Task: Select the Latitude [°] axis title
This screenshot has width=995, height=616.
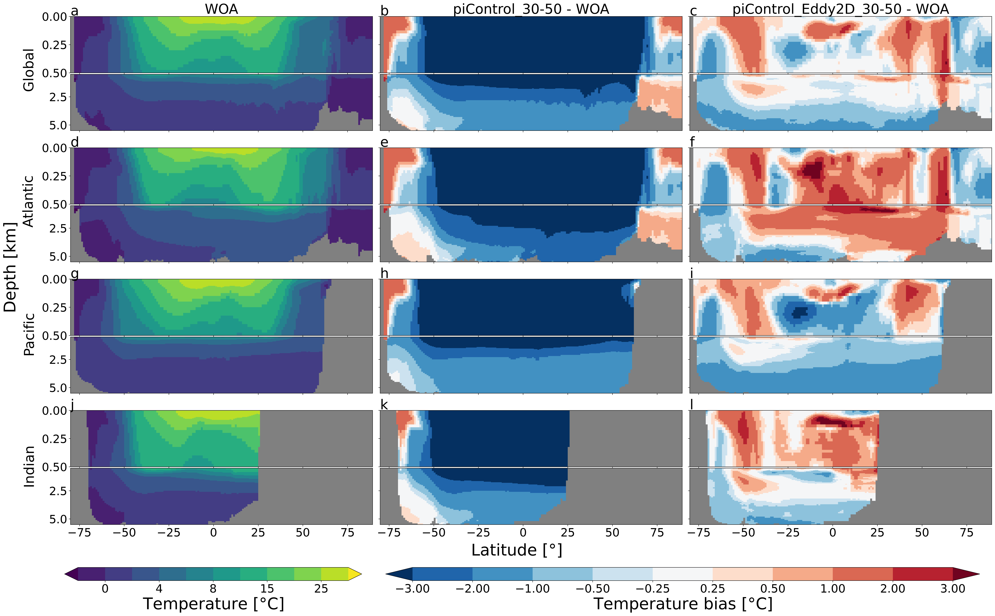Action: tap(516, 550)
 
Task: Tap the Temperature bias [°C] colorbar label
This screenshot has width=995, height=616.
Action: tap(683, 604)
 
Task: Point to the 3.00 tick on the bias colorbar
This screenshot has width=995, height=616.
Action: tap(953, 589)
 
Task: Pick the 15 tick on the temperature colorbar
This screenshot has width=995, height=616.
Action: tap(267, 589)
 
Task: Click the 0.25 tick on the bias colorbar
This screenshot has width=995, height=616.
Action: tap(713, 589)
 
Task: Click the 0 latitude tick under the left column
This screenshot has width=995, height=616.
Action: tap(213, 533)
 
